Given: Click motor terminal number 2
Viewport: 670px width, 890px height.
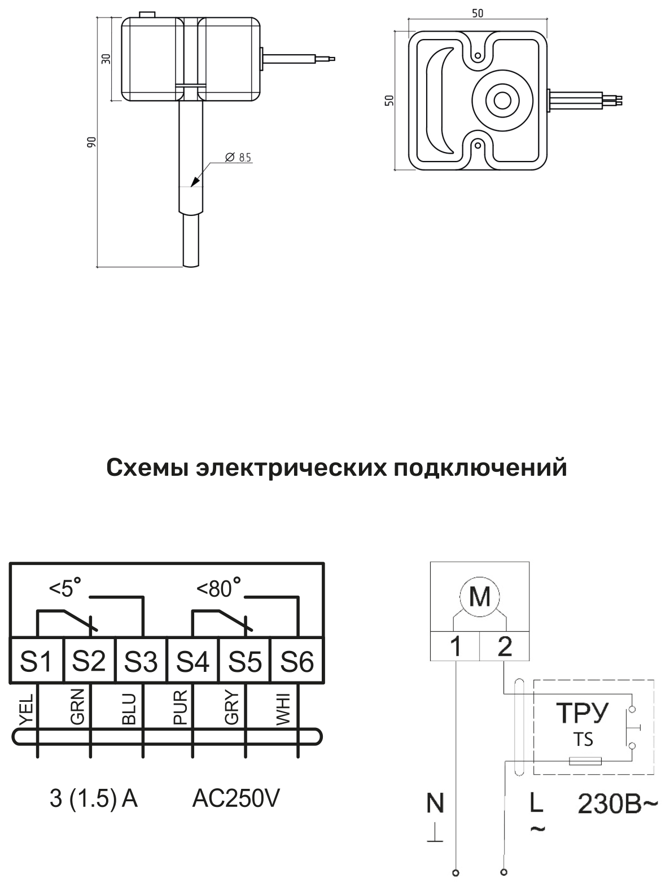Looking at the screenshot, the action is (x=505, y=646).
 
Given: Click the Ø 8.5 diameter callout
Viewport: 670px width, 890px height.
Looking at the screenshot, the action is (x=238, y=157).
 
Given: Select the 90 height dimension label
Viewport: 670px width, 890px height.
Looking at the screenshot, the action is (x=92, y=142).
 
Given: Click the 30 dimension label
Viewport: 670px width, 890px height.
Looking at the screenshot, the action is (x=106, y=59).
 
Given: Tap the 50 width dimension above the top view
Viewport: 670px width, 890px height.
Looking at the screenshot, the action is (x=478, y=14).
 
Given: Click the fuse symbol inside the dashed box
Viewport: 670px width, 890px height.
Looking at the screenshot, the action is (x=585, y=761).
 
